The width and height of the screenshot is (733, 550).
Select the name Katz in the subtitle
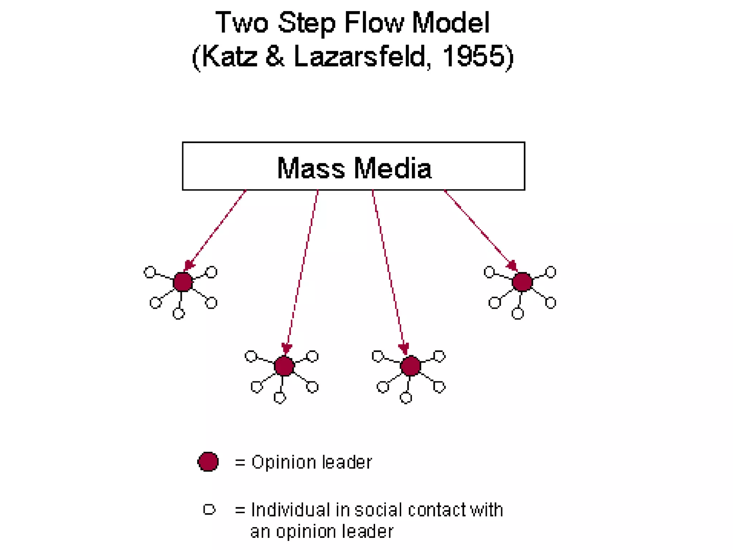[x=229, y=57]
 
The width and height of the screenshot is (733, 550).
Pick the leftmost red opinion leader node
[x=183, y=282]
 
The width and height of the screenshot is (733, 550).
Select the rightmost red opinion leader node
[x=522, y=282]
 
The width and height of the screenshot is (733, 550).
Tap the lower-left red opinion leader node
[x=284, y=366]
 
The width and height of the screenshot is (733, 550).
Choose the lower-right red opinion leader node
[x=411, y=366]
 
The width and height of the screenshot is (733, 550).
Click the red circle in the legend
[x=208, y=462]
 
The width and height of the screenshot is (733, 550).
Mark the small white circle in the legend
[x=209, y=509]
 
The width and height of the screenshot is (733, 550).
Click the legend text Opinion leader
[x=311, y=462]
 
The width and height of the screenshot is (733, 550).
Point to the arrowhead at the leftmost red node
[x=189, y=266]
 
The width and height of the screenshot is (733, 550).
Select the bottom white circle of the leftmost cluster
[x=179, y=314]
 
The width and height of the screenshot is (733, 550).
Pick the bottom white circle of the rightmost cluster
[x=518, y=314]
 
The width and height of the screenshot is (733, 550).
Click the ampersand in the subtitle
[x=275, y=57]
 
